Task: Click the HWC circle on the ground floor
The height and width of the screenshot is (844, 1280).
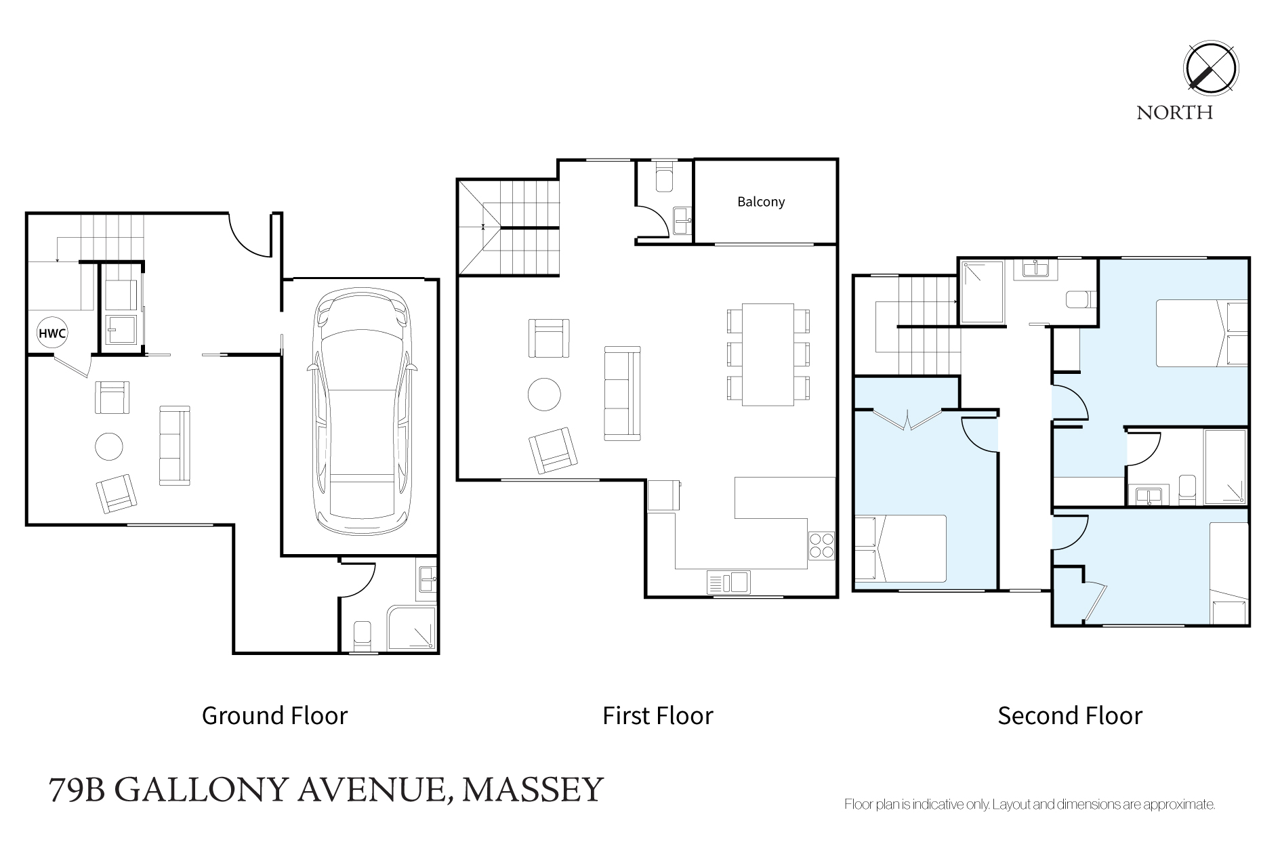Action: pos(53,333)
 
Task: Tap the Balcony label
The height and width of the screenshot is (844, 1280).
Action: pos(761,202)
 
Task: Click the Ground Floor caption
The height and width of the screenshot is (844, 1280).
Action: pos(274,715)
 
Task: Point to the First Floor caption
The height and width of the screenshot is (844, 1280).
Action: pos(658,715)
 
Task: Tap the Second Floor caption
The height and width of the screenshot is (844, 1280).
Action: pos(1070,715)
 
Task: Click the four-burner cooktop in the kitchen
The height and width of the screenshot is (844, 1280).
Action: pos(821,545)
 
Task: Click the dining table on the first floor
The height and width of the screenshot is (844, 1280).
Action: pos(768,354)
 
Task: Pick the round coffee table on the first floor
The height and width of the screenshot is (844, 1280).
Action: pos(544,394)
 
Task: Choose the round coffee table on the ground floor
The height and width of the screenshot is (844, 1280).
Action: pos(109,446)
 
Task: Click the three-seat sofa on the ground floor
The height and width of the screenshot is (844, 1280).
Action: pos(174,445)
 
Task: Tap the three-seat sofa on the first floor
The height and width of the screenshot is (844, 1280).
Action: pos(622,394)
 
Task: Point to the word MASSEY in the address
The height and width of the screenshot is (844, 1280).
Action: pos(533,789)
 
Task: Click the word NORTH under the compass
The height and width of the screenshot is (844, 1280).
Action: pos(1175,112)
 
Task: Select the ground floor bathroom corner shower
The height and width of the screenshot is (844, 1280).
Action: pos(412,628)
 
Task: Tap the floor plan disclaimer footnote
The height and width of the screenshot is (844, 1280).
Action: pos(1029,805)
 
